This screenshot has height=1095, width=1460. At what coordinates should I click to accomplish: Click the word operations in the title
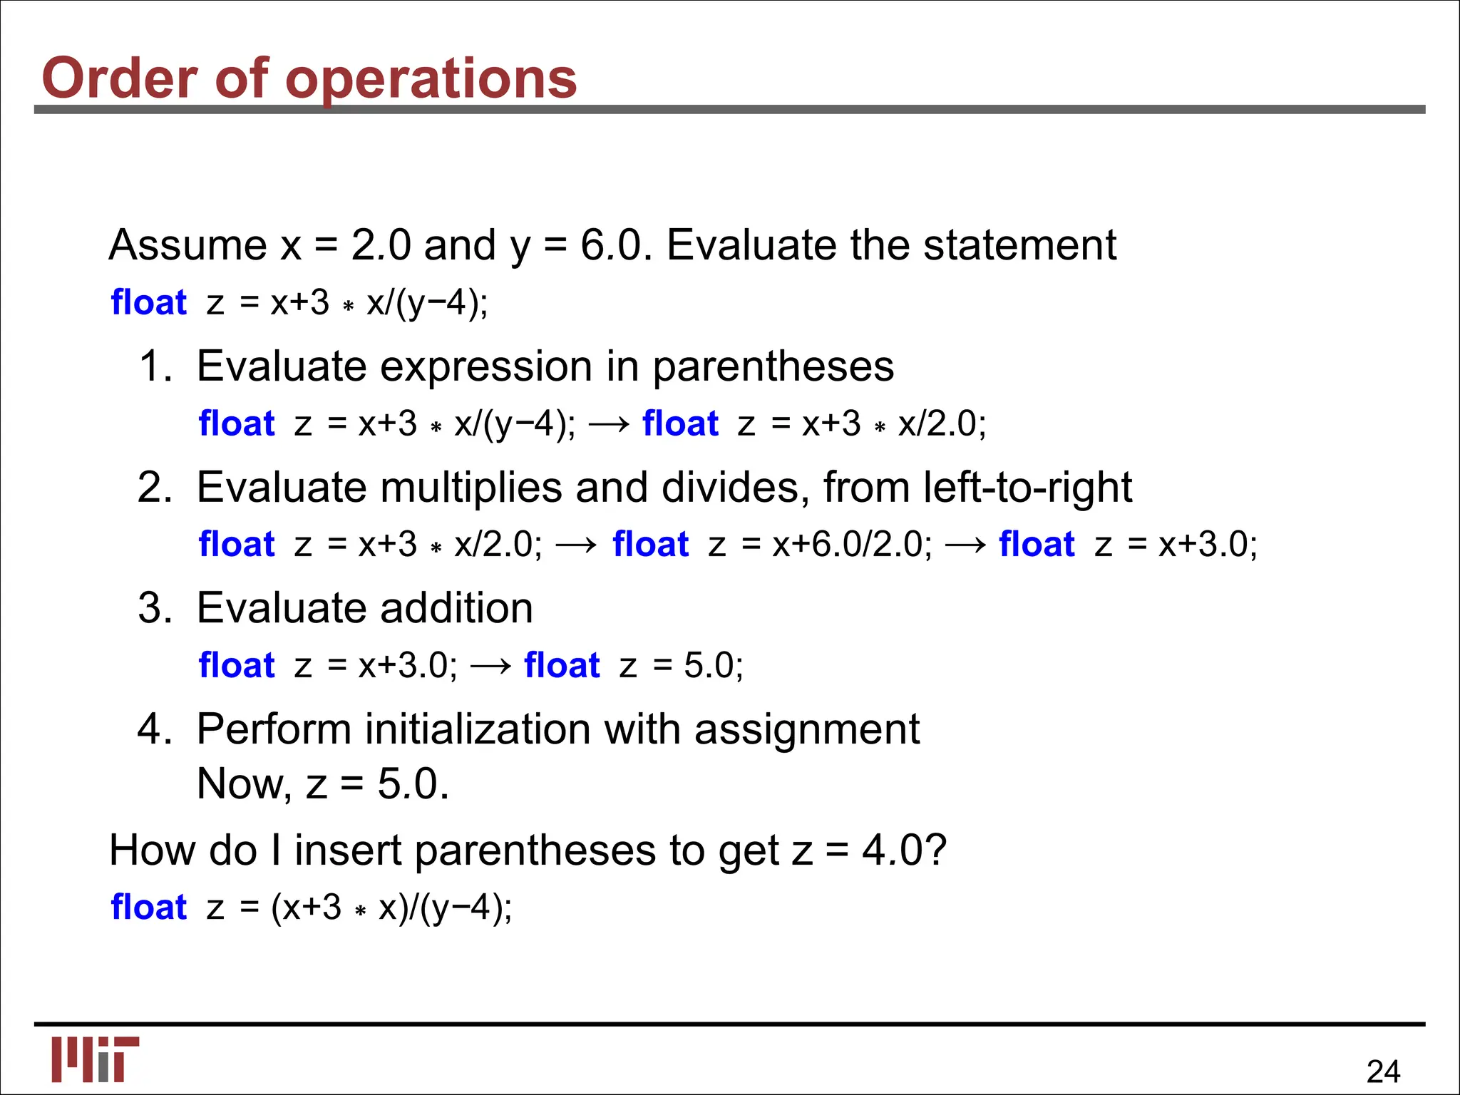(x=431, y=78)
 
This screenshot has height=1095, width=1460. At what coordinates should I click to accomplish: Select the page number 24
(x=1383, y=1071)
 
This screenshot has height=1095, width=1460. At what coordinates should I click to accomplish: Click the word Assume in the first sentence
(x=187, y=245)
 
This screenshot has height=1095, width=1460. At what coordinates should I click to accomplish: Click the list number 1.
(x=155, y=366)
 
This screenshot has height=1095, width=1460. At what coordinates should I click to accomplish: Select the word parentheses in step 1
(x=773, y=366)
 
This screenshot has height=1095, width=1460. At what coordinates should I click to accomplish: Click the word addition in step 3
(x=456, y=608)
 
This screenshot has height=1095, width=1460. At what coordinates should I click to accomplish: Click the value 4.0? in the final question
(x=904, y=850)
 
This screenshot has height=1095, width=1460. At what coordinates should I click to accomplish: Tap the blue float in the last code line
(x=148, y=908)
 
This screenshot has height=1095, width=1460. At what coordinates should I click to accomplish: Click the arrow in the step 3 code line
(x=491, y=666)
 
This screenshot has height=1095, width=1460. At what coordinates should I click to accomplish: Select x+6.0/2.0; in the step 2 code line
(x=852, y=545)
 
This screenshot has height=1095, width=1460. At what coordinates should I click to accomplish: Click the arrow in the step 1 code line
(x=610, y=424)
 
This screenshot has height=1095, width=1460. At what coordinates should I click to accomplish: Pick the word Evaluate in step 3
(x=282, y=608)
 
